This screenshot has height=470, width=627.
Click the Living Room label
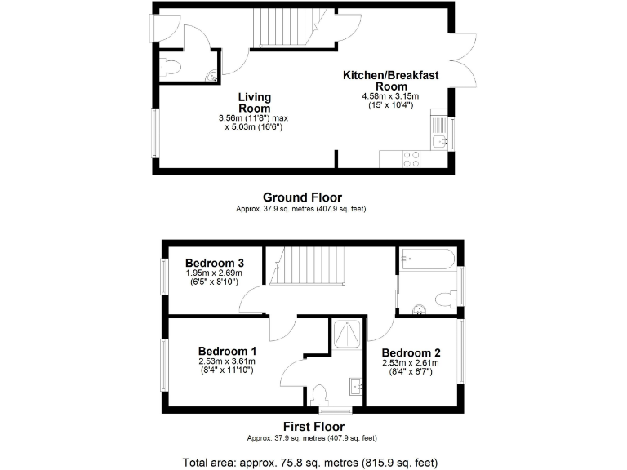pyautogui.click(x=254, y=103)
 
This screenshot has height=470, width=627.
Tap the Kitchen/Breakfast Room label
pyautogui.click(x=390, y=81)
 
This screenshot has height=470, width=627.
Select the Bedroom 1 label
pyautogui.click(x=227, y=351)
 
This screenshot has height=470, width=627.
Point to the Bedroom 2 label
pyautogui.click(x=411, y=352)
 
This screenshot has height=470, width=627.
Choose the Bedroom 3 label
pyautogui.click(x=215, y=263)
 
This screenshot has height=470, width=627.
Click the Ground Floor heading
pyautogui.click(x=302, y=197)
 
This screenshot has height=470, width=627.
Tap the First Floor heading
pyautogui.click(x=313, y=427)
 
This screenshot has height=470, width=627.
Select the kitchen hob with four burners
pyautogui.click(x=411, y=158)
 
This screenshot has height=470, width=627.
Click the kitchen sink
pyautogui.click(x=440, y=141)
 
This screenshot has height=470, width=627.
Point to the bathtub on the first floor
pyautogui.click(x=428, y=262)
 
